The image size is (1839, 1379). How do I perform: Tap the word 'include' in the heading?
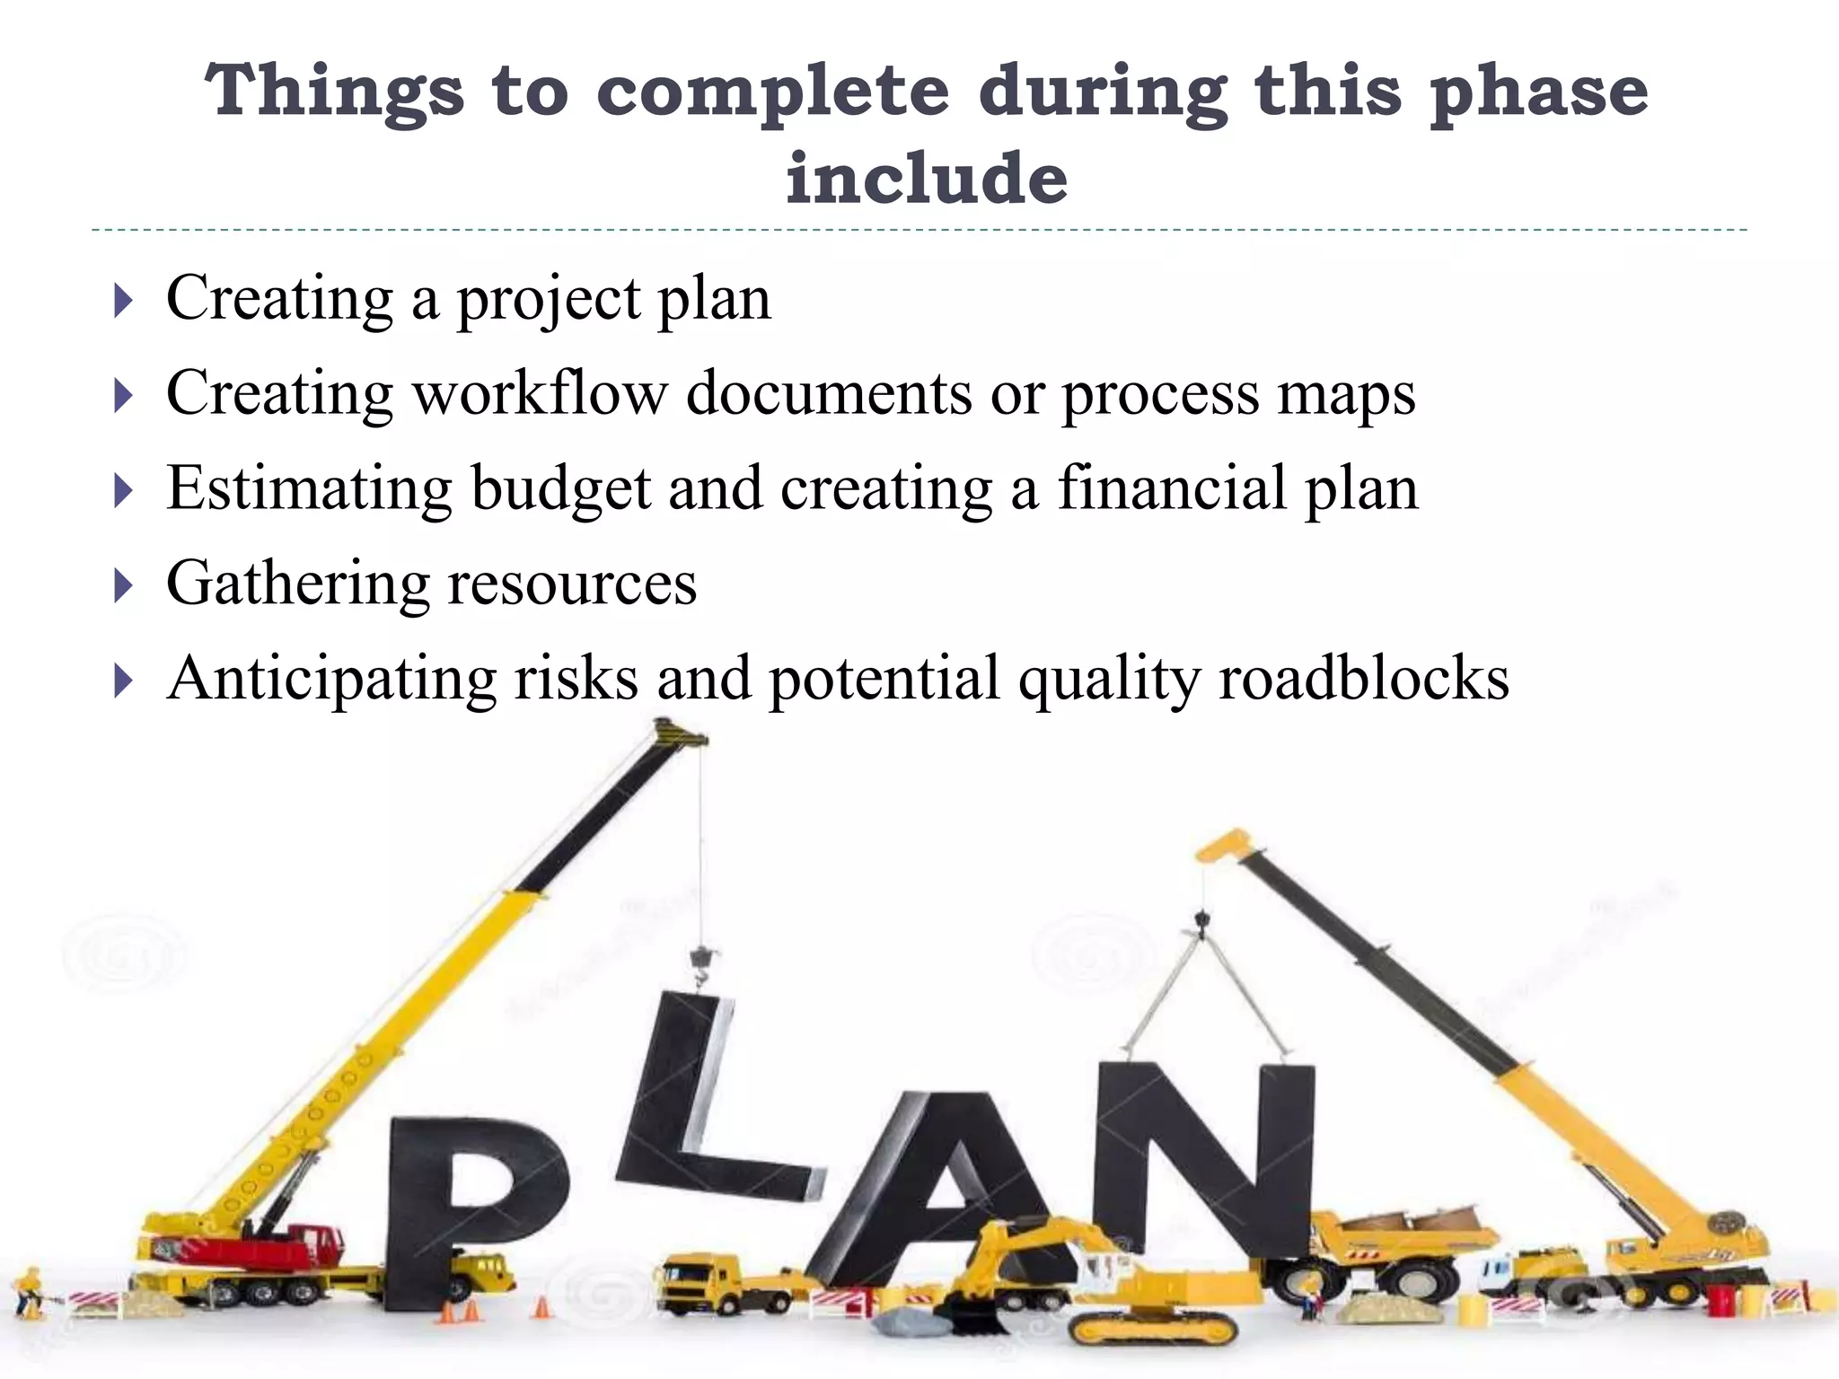point(927,177)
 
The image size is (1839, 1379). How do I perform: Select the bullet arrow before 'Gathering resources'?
point(124,586)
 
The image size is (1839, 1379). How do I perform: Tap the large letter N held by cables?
point(1203,1158)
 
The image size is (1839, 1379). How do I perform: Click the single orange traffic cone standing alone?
point(541,1306)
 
